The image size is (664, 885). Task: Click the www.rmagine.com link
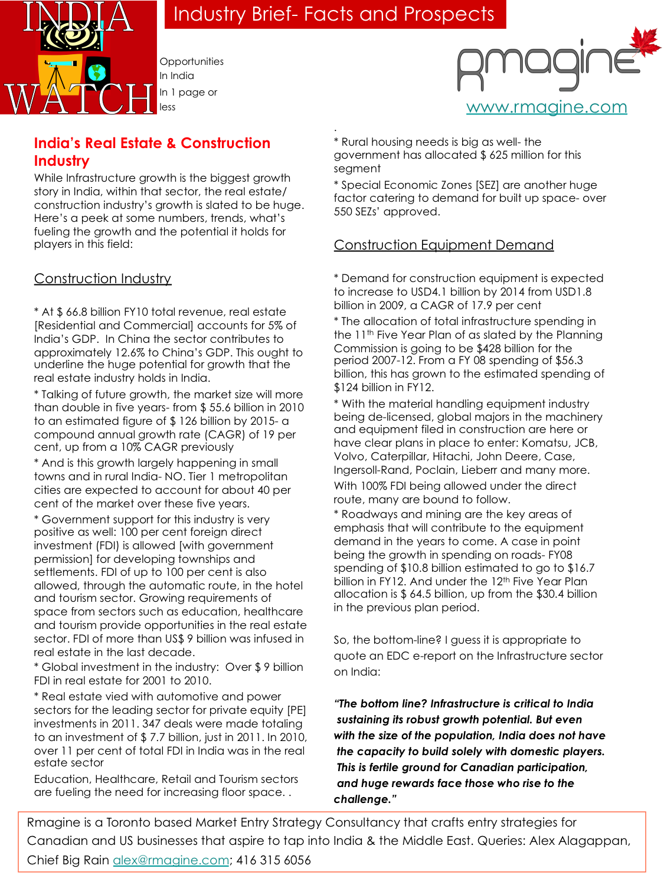click(x=547, y=107)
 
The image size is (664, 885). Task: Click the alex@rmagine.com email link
click(x=171, y=860)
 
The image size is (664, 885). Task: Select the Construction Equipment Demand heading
click(x=443, y=245)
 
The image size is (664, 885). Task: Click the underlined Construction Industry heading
click(x=103, y=278)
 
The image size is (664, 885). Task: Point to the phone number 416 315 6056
click(x=273, y=860)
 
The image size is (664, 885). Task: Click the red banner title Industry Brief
click(x=334, y=14)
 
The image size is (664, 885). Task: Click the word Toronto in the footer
click(x=149, y=822)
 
